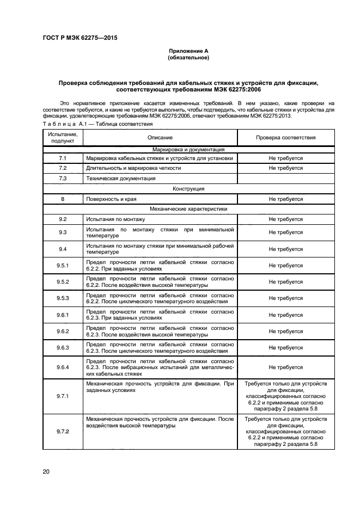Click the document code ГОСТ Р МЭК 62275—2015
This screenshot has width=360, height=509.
[x=80, y=38]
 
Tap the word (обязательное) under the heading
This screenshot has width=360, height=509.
[x=188, y=57]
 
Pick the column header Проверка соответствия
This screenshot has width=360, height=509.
[x=285, y=138]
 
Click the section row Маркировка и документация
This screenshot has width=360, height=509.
[x=188, y=149]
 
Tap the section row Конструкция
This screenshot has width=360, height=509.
[x=188, y=188]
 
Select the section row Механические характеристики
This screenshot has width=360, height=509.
[x=188, y=208]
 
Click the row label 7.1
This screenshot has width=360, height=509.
[x=63, y=158]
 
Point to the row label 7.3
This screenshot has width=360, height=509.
[x=63, y=178]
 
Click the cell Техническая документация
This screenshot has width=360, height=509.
[x=121, y=178]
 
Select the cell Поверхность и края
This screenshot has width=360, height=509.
[x=111, y=199]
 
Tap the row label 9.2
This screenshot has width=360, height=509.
[x=63, y=219]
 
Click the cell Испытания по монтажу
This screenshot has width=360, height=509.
[x=115, y=219]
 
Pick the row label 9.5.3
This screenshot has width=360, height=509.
[x=63, y=298]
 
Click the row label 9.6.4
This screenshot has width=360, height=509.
[x=63, y=367]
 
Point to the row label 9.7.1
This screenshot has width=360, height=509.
[x=63, y=396]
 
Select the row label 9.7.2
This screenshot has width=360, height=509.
[x=63, y=432]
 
